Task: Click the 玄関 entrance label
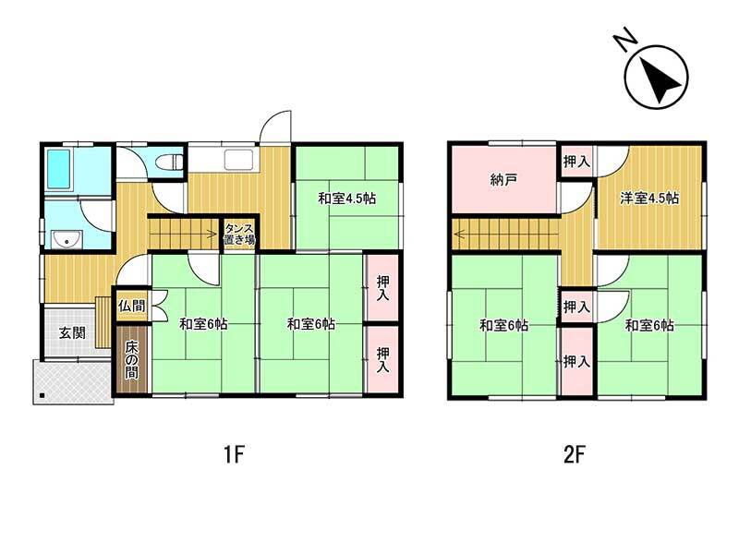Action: (x=72, y=332)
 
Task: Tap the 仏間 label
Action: (x=131, y=306)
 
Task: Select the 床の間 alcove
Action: (x=132, y=359)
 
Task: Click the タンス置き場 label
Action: (x=239, y=234)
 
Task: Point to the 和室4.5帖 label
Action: (x=347, y=199)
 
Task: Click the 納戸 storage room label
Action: (x=503, y=179)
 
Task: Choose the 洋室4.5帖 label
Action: (x=649, y=198)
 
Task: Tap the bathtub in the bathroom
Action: (x=59, y=170)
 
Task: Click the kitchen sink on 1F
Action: (x=239, y=160)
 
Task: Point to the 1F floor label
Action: (x=235, y=455)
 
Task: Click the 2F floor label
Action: (x=575, y=455)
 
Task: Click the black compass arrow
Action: (x=660, y=80)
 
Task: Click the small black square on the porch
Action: (x=42, y=395)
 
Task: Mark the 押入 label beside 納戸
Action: (x=576, y=162)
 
